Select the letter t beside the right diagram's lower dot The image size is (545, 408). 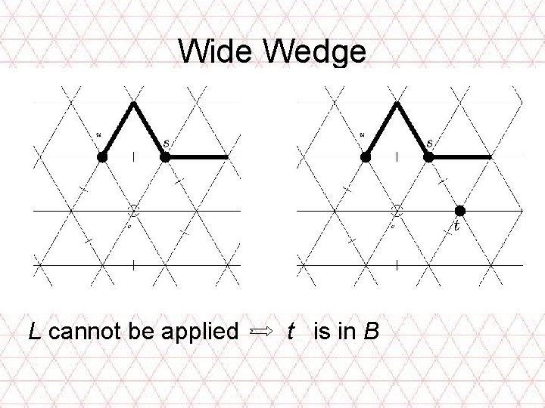pos(456,225)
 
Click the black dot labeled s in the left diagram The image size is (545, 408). pos(165,156)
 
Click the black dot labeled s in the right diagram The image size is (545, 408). pos(428,156)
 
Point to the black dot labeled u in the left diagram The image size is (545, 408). pos(102,156)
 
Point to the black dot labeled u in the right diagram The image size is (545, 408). pos(366,156)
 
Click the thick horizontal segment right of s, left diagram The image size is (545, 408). pos(197,156)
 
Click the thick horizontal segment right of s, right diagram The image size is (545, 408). pos(459,156)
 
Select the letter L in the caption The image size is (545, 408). pos(34,330)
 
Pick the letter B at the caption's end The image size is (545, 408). pos(370,330)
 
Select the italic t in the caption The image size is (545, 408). pos(291,330)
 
